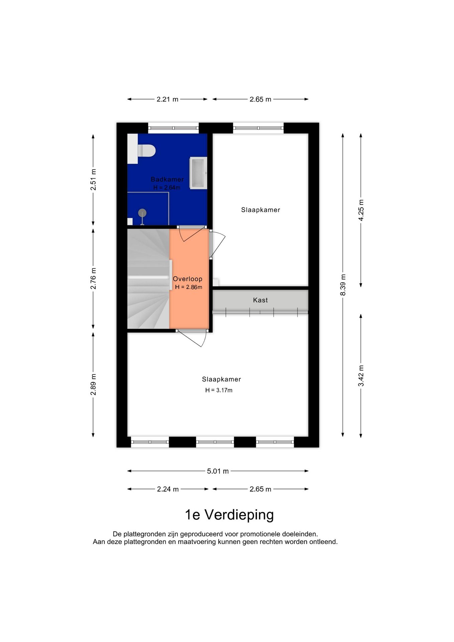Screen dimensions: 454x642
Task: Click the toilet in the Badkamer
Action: (146, 150)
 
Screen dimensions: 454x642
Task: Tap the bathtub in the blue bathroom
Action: (198, 173)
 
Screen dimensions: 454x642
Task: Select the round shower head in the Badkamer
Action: (142, 213)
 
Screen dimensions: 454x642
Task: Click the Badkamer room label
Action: (167, 179)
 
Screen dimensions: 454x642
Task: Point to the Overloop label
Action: (188, 279)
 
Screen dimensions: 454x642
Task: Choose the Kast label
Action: (260, 300)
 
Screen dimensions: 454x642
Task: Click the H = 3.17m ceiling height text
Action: (219, 390)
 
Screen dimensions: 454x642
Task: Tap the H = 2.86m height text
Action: (189, 287)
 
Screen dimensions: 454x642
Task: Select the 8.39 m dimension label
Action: (343, 285)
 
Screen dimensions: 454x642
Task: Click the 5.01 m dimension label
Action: (218, 471)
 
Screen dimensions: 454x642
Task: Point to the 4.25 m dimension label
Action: (361, 210)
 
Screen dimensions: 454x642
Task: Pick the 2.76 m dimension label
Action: (93, 279)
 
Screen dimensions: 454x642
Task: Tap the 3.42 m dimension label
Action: (361, 376)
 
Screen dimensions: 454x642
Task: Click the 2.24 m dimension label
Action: (168, 489)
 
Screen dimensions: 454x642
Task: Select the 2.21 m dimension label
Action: (167, 99)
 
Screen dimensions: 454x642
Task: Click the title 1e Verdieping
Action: (229, 515)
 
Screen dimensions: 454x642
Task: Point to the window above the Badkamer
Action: (174, 128)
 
